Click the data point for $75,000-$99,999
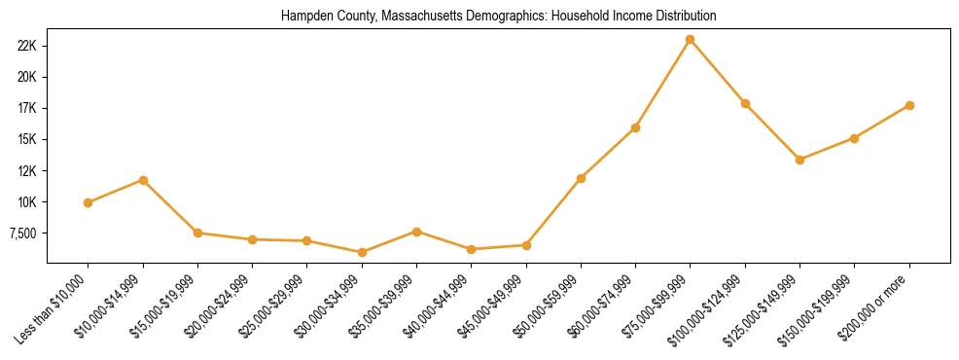[690, 40]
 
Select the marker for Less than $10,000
[88, 202]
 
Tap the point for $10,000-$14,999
[143, 180]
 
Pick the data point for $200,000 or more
[909, 105]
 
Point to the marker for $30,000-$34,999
[362, 252]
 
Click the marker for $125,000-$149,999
[799, 160]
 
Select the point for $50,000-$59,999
[581, 178]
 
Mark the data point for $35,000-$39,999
[416, 232]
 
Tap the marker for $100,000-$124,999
[745, 103]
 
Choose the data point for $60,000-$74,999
[635, 127]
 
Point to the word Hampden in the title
[302, 17]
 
